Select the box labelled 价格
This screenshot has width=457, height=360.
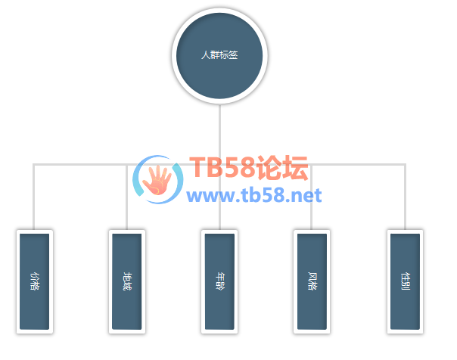(x=34, y=281)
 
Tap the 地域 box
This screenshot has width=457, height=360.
(x=127, y=281)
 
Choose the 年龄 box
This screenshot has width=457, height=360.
(x=219, y=281)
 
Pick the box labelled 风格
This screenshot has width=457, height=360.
(x=312, y=281)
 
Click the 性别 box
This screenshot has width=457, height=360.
(x=405, y=281)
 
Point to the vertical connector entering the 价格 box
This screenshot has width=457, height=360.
(x=34, y=197)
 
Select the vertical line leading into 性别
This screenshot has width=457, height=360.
(x=405, y=197)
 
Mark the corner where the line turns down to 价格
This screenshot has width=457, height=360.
(x=34, y=163)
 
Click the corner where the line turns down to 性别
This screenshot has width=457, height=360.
(x=405, y=163)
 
